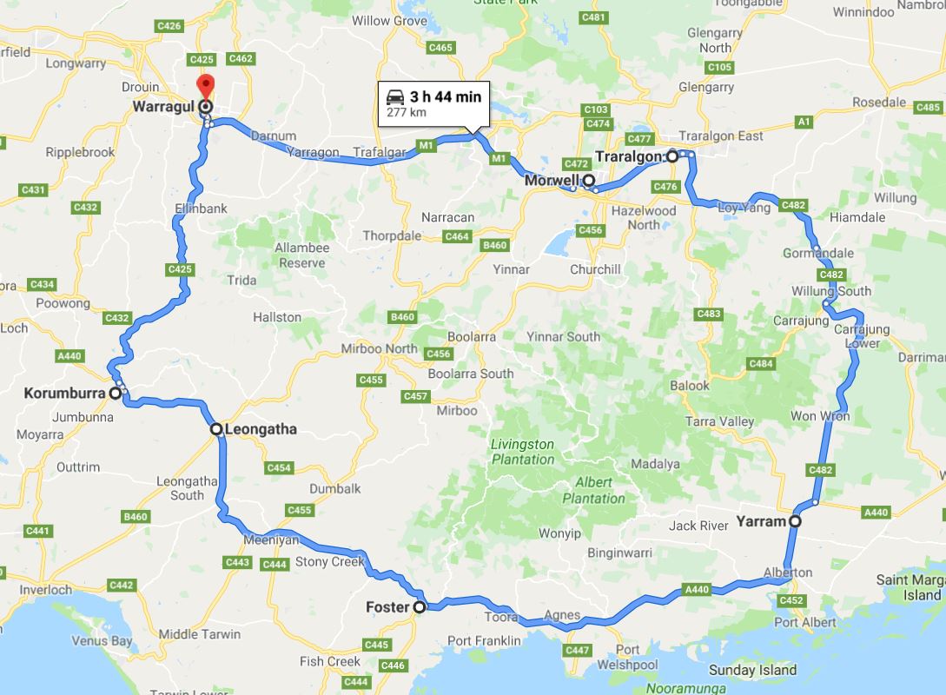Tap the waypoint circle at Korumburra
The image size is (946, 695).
click(115, 394)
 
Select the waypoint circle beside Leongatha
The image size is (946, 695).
click(216, 428)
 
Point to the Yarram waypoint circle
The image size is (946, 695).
click(795, 522)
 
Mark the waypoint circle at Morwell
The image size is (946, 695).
click(589, 181)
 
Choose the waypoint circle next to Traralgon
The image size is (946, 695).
click(672, 156)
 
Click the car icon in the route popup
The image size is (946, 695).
click(395, 96)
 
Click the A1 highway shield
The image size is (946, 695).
click(804, 121)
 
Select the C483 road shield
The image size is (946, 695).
click(709, 314)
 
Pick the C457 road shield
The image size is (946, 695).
click(416, 396)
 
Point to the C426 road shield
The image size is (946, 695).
click(169, 26)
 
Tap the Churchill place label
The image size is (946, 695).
click(595, 269)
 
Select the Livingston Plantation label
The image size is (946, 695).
click(522, 452)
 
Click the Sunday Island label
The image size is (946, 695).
click(752, 670)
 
